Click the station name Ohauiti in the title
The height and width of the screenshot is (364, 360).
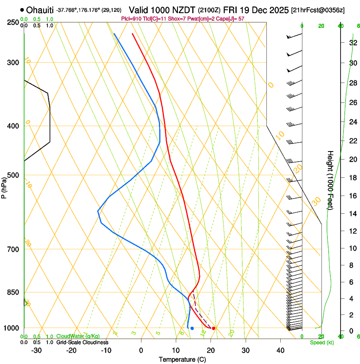[x=39, y=10]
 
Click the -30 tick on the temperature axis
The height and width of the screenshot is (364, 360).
[x=36, y=350]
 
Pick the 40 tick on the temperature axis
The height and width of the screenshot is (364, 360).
[x=280, y=350]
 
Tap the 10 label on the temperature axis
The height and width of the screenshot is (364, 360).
[x=176, y=350]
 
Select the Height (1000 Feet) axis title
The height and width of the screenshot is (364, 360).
[x=330, y=180]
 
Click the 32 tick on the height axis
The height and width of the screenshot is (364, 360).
[x=352, y=43]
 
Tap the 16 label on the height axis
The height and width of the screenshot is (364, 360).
[x=352, y=196]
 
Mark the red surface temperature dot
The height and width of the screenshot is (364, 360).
[x=213, y=328]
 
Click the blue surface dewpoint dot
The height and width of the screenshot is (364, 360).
[x=192, y=328]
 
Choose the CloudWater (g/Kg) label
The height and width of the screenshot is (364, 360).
[x=78, y=336]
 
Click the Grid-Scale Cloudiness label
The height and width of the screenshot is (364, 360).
[x=82, y=342]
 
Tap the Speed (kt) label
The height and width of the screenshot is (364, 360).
[x=321, y=342]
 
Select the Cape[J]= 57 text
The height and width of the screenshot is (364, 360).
[x=231, y=19]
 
